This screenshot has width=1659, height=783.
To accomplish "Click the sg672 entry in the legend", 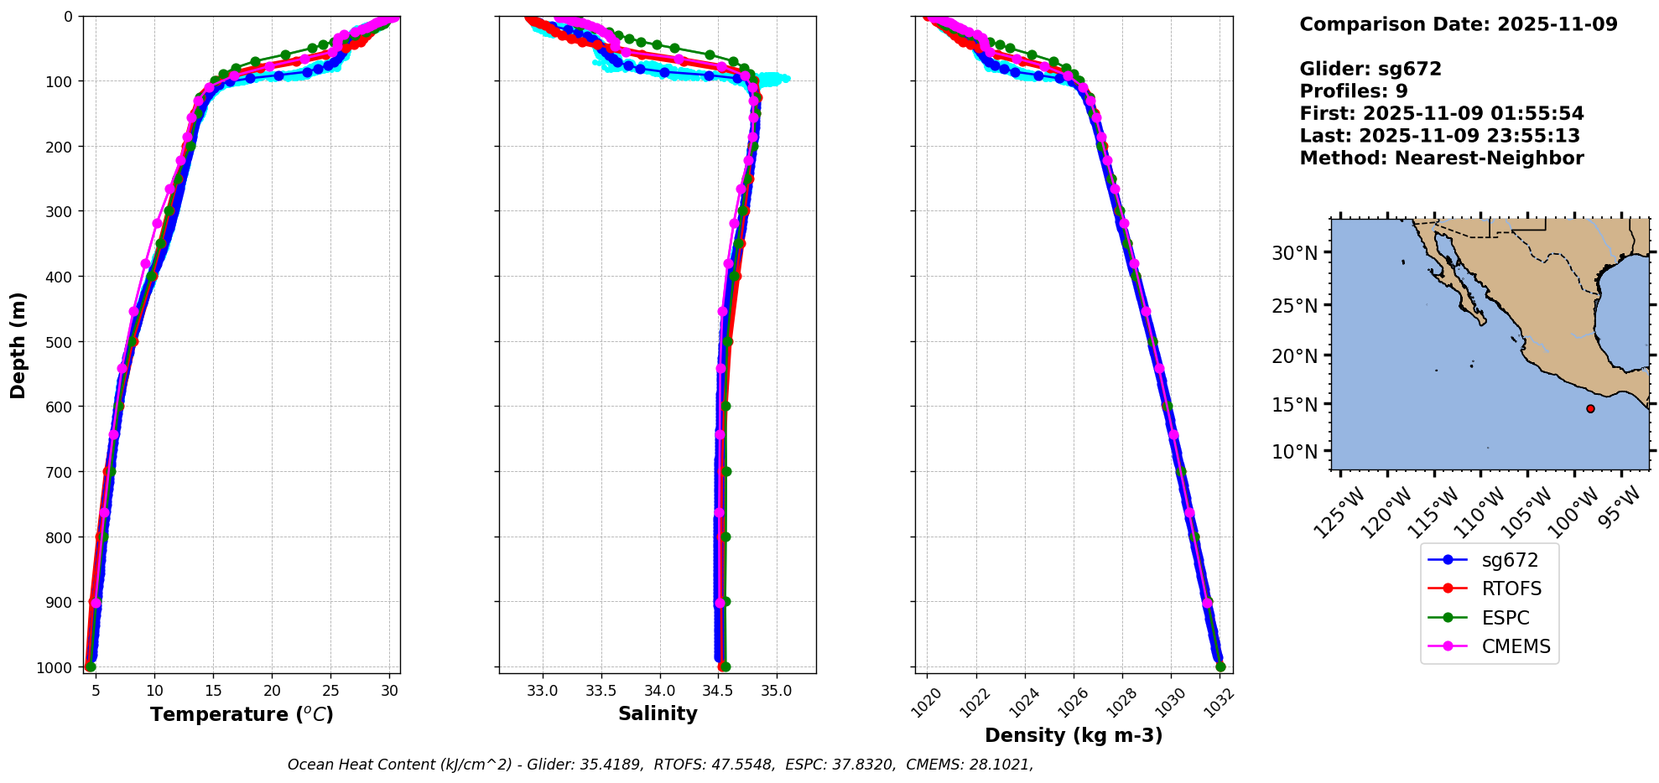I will pos(1510,560).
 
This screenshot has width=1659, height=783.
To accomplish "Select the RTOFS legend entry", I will pos(1511,589).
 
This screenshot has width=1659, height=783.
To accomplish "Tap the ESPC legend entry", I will pos(1506,618).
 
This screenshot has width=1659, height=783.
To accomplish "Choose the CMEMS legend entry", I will pos(1516,646).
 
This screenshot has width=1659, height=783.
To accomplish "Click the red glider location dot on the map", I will pos(1590,409).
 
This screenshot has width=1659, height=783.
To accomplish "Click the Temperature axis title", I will pos(242,714).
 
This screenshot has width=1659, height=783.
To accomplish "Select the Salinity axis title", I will pos(658,713).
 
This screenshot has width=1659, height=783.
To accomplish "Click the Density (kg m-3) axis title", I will pos(1074,735).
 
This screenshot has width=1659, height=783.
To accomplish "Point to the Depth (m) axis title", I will pos(18,345).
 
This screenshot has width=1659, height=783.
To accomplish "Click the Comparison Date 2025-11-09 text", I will pos(1458,24).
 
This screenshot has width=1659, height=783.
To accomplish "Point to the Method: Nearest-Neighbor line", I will pos(1441,158).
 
